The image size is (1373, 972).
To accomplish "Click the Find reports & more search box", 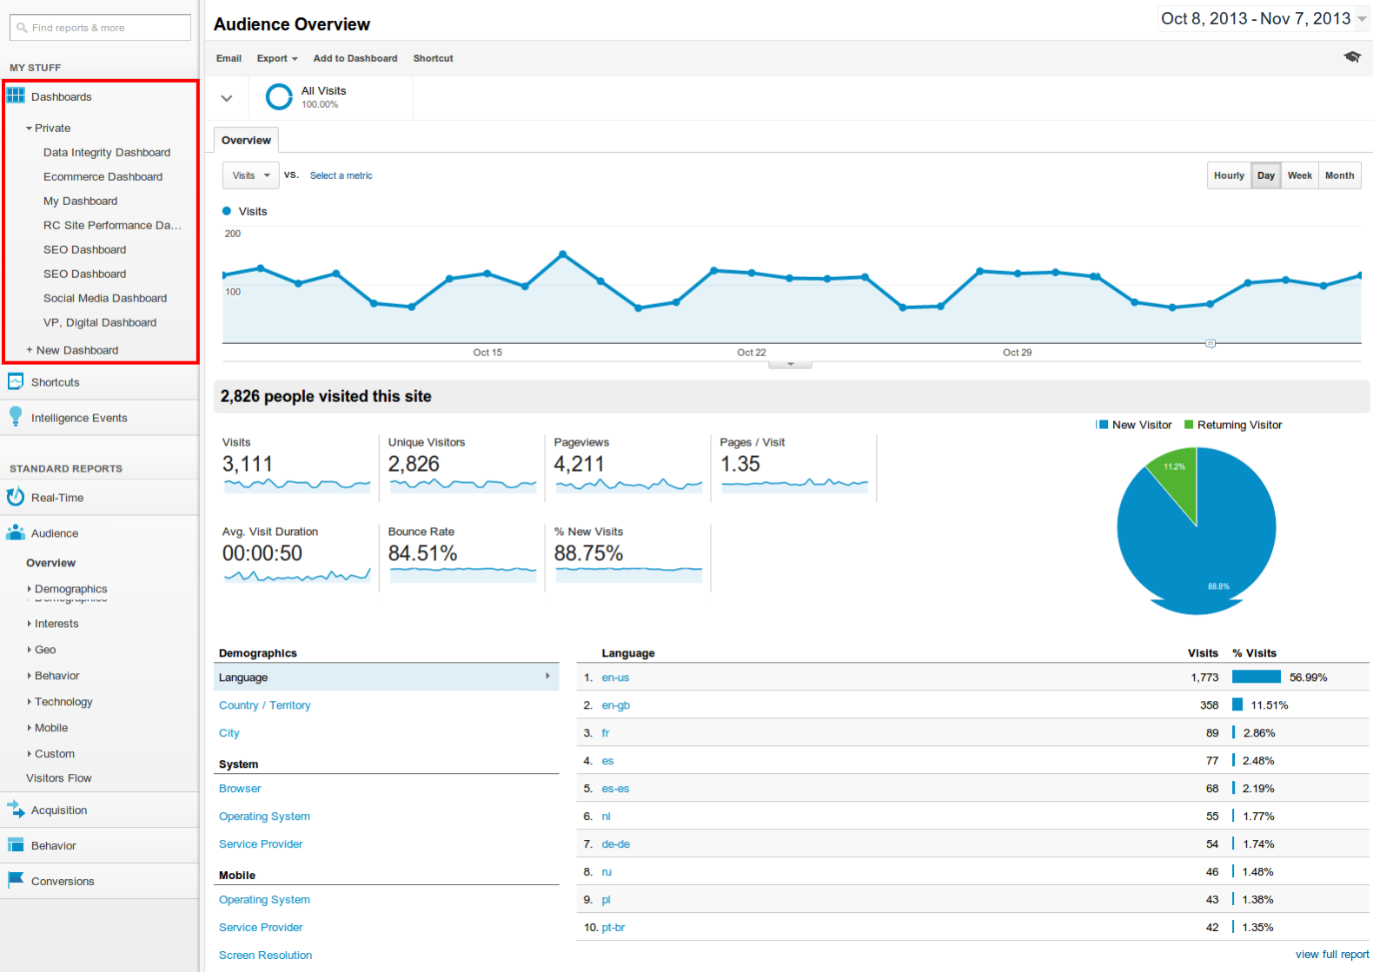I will (x=100, y=28).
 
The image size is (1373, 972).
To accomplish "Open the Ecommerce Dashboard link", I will (x=103, y=176).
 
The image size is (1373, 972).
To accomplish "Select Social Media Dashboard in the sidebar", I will (x=104, y=298).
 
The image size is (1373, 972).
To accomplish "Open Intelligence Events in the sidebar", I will (x=79, y=418).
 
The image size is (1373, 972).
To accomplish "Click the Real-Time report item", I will (x=57, y=498).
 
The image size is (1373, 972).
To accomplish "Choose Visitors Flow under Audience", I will (x=58, y=778).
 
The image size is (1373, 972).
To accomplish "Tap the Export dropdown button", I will (x=277, y=58).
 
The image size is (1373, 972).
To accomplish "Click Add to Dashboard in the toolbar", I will (x=355, y=58).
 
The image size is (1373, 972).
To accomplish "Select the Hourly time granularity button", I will (x=1229, y=175).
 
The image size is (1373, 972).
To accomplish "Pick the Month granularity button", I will (x=1339, y=175).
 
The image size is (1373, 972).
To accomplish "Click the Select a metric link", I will (x=341, y=175).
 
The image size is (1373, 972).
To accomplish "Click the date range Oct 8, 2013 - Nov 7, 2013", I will (x=1256, y=19).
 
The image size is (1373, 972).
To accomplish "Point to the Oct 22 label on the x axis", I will (x=752, y=353).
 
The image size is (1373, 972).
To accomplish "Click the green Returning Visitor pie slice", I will (x=1176, y=478).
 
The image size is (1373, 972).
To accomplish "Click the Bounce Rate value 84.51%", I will (x=422, y=553).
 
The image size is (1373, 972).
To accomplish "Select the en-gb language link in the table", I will (x=615, y=705).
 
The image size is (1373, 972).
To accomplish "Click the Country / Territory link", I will (x=264, y=705).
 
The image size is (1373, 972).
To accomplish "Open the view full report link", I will (x=1331, y=955).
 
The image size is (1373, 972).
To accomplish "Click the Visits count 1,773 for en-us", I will (x=1204, y=678).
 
